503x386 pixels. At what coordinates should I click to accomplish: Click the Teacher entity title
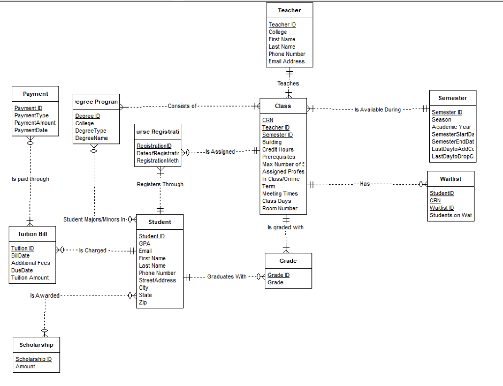[x=289, y=10]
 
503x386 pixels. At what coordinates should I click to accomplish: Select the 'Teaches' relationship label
[x=288, y=83]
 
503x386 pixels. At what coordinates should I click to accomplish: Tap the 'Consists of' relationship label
[x=182, y=106]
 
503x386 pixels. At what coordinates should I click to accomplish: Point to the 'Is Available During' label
[x=378, y=110]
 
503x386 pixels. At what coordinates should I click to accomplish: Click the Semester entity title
[x=452, y=98]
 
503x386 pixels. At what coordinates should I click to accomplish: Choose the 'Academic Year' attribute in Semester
[x=451, y=127]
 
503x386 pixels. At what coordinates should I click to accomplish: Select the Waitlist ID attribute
[x=442, y=208]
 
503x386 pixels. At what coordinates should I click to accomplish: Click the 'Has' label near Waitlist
[x=364, y=184]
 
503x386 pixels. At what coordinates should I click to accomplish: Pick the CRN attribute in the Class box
[x=268, y=120]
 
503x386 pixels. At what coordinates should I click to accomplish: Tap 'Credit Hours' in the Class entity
[x=278, y=150]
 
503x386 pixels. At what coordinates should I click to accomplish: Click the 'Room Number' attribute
[x=279, y=209]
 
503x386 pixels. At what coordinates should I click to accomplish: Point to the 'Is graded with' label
[x=285, y=227]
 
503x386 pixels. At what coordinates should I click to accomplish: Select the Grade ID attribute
[x=279, y=276]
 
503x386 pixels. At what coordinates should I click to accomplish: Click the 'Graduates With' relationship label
[x=226, y=277]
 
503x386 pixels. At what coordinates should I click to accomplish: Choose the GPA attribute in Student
[x=144, y=244]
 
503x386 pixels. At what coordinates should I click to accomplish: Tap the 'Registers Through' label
[x=160, y=185]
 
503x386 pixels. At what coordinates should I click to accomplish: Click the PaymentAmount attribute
[x=35, y=123]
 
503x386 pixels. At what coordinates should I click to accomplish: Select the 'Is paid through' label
[x=30, y=179]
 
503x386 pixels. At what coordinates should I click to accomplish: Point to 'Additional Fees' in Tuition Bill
[x=30, y=263]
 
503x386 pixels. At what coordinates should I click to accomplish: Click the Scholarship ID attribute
[x=33, y=359]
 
